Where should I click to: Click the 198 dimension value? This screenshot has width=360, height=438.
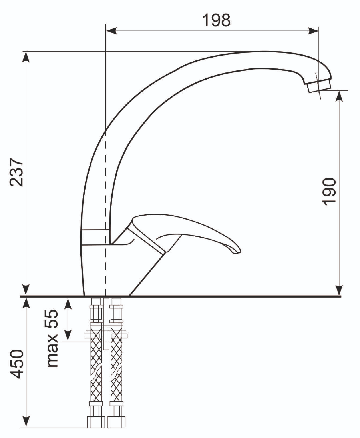216,20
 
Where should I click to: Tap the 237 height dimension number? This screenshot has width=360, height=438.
16,172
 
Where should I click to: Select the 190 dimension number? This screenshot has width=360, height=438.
329,192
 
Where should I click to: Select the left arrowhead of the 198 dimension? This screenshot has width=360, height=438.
111,31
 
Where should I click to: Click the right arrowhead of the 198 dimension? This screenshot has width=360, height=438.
313,31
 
